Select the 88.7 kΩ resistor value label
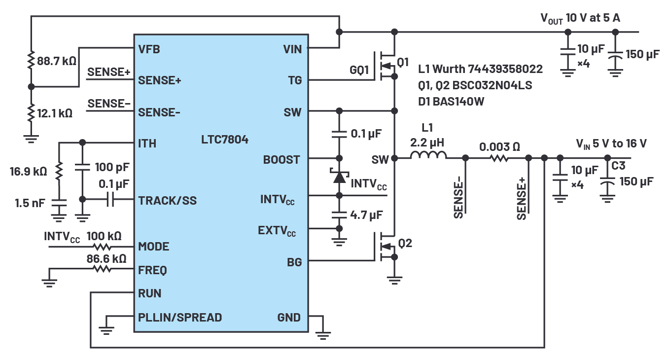[57, 62]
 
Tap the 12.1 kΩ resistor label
[55, 113]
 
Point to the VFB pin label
[149, 49]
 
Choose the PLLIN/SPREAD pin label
[179, 317]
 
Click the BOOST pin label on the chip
[281, 159]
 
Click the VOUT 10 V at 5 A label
[580, 18]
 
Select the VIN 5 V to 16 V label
[611, 144]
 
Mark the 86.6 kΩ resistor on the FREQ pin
[103, 269]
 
